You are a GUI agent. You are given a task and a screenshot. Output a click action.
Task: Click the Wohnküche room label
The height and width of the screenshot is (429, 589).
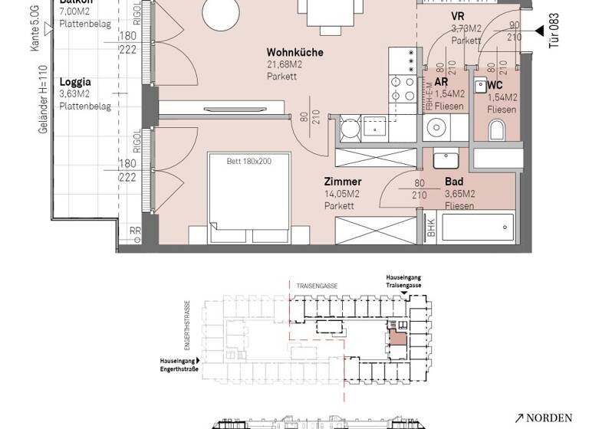click(294, 53)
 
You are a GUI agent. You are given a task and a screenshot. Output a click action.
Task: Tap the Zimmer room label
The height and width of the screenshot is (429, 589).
click(342, 182)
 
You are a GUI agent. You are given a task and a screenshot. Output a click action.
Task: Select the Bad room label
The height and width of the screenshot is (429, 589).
click(453, 182)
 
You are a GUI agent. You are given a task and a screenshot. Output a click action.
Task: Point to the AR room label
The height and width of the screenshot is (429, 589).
click(441, 82)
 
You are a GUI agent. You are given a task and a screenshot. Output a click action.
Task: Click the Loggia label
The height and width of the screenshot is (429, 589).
click(75, 81)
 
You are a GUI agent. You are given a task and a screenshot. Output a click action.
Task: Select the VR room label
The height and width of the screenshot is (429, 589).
click(457, 16)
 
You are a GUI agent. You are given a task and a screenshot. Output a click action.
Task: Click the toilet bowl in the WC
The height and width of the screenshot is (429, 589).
click(496, 132)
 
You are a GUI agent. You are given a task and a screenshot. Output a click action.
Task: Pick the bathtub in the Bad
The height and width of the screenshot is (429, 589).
click(475, 228)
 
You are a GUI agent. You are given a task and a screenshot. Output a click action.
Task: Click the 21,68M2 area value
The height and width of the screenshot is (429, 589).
click(284, 65)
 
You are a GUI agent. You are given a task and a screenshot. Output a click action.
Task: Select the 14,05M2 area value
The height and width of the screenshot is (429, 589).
click(341, 194)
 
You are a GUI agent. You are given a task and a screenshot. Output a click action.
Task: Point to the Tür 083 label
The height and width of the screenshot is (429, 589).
click(554, 31)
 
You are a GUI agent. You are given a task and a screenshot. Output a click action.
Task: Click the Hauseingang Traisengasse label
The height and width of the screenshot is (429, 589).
click(403, 281)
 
